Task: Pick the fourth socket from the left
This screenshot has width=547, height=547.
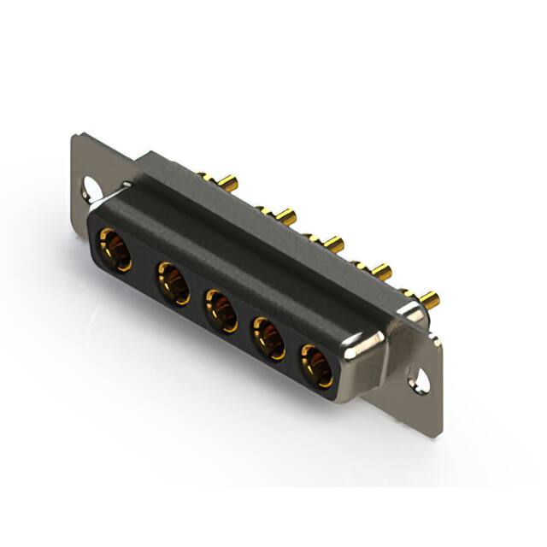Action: pos(268,338)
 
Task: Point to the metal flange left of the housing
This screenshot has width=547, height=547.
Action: pos(94,162)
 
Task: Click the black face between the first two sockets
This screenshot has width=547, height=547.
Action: pos(144,268)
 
